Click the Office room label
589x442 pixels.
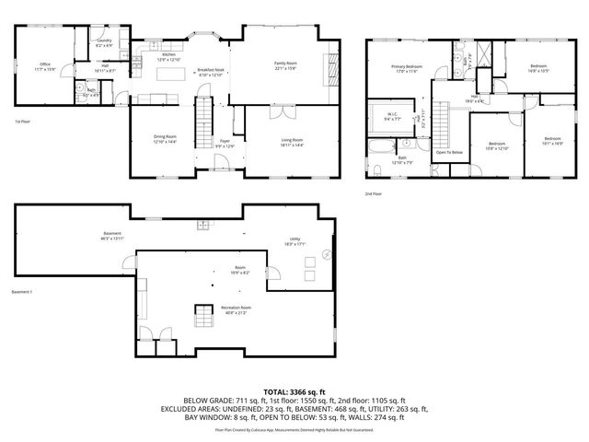[44, 65]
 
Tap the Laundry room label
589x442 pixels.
[104, 42]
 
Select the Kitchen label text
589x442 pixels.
[168, 56]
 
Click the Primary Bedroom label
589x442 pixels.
[406, 68]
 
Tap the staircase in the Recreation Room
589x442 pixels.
[202, 319]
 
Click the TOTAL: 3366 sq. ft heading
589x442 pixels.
[294, 391]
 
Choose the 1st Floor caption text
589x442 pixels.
[23, 122]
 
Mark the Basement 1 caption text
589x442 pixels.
[22, 291]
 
